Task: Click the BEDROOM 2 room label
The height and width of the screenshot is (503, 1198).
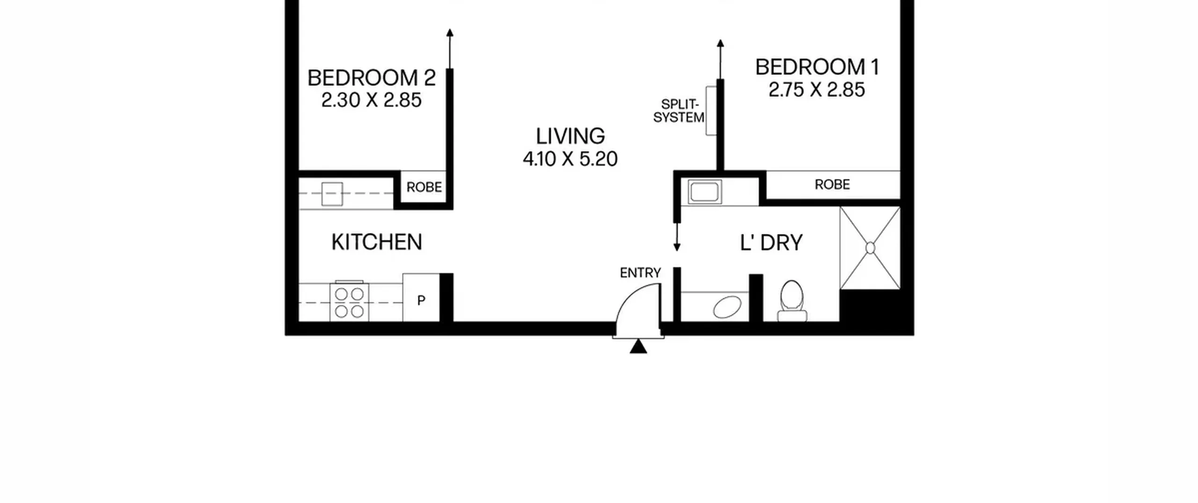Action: pyautogui.click(x=372, y=78)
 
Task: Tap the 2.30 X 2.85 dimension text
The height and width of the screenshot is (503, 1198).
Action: pyautogui.click(x=372, y=100)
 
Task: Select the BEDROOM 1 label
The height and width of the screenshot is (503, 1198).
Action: pyautogui.click(x=817, y=67)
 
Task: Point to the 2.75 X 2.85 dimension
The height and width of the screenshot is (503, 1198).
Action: pyautogui.click(x=817, y=89)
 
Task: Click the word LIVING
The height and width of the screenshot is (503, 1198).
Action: pyautogui.click(x=570, y=136)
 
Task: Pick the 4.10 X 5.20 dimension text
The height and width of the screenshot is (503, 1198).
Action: pyautogui.click(x=570, y=159)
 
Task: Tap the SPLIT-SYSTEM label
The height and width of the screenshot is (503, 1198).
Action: pyautogui.click(x=679, y=111)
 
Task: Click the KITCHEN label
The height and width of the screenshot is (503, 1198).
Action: pyautogui.click(x=377, y=242)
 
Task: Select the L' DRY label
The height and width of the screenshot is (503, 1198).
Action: pyautogui.click(x=771, y=242)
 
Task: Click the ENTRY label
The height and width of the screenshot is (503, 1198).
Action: pyautogui.click(x=640, y=273)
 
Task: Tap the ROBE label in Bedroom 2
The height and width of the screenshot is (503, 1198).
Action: pyautogui.click(x=424, y=187)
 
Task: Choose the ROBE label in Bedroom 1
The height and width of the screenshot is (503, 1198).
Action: pyautogui.click(x=832, y=184)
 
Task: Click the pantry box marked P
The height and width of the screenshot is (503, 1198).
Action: pyautogui.click(x=421, y=298)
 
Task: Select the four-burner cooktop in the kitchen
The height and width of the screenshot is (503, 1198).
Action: pyautogui.click(x=349, y=302)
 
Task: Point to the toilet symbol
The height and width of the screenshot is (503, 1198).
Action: pyautogui.click(x=792, y=301)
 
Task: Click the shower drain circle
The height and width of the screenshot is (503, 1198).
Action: pyautogui.click(x=870, y=248)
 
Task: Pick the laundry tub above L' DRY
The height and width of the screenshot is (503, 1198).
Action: pyautogui.click(x=704, y=192)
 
